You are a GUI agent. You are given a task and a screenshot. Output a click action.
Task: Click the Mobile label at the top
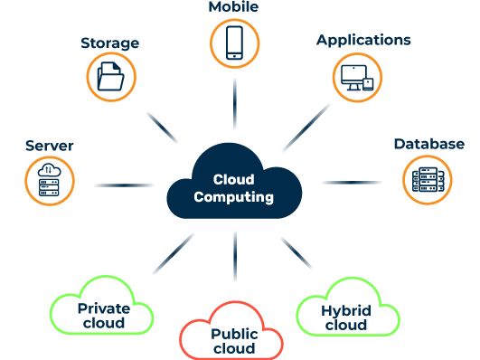click(233, 7)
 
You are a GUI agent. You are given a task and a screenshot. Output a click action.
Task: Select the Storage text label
click(109, 43)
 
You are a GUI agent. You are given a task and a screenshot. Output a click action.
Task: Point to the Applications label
click(363, 41)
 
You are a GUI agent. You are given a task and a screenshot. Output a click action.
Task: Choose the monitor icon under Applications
click(356, 79)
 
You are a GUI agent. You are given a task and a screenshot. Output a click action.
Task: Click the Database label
click(428, 144)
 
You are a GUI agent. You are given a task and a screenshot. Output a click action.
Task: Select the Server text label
click(50, 146)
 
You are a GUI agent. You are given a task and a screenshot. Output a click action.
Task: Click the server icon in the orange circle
click(49, 179)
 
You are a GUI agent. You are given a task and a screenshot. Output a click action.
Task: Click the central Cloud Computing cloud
click(233, 181)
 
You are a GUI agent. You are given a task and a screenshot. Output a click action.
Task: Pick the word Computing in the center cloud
click(234, 196)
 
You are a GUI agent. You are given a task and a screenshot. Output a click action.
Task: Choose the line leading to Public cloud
click(234, 259)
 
